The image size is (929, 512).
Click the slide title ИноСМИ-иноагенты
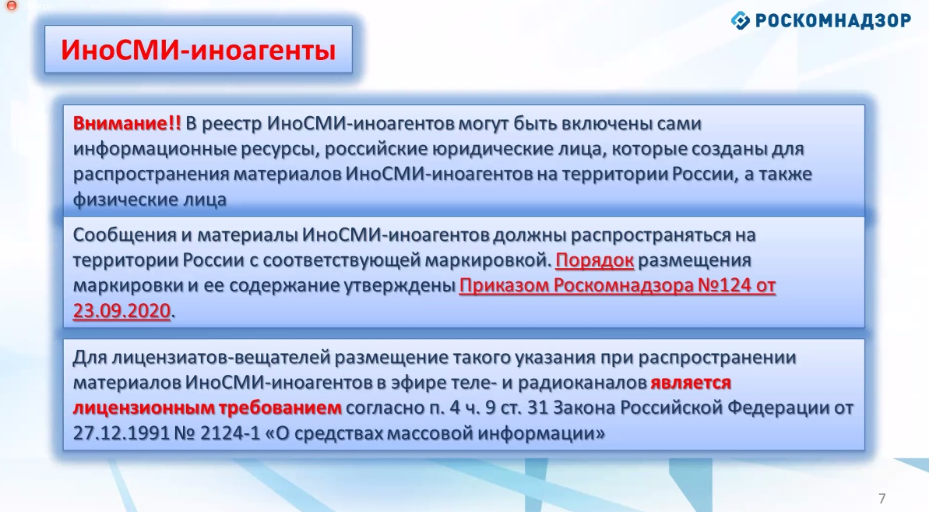pos(199,50)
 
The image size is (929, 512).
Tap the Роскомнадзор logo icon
pos(740,21)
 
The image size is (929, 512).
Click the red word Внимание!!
pos(127,123)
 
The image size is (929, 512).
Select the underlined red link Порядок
pos(595,260)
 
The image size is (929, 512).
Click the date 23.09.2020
pos(122,310)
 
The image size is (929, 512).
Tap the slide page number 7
pos(882,499)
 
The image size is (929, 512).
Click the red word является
pos(691,383)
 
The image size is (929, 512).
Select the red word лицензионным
pos(144,408)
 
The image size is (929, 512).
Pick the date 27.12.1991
pos(121,433)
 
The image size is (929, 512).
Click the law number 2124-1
pos(230,433)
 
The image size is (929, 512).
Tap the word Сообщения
pos(125,235)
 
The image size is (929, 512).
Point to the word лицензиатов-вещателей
pos(220,358)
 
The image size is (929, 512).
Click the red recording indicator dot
pos(11,5)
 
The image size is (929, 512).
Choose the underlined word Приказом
pos(504,286)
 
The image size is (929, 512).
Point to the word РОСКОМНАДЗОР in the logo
pos(833,21)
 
